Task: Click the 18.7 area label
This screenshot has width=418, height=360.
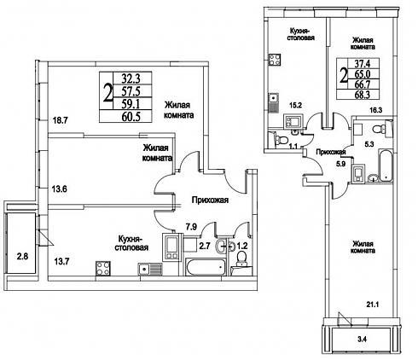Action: [x=60, y=120]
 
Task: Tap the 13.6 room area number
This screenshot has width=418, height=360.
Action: [x=59, y=189]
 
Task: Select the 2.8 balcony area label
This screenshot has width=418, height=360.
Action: [x=22, y=257]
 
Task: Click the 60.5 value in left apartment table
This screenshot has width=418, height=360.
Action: [x=131, y=117]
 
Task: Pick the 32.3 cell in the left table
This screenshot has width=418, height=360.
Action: [x=131, y=78]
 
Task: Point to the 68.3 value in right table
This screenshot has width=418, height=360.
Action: [x=362, y=95]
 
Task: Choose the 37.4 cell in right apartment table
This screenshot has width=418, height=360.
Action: [x=362, y=63]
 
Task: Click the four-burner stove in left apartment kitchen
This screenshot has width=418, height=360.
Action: [x=103, y=269]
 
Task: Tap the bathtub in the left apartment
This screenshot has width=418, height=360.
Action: [x=206, y=267]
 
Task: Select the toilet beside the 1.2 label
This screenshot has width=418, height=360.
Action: [x=242, y=258]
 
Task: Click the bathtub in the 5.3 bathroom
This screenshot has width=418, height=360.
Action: [x=386, y=165]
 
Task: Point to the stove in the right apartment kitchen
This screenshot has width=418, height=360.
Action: [x=275, y=60]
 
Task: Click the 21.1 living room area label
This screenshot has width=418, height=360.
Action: [x=372, y=305]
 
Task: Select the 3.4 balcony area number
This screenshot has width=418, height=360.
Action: [x=362, y=339]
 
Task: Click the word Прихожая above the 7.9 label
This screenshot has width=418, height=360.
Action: [x=210, y=200]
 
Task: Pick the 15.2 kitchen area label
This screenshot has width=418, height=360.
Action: [x=295, y=105]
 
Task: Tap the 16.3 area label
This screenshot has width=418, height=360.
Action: [x=374, y=110]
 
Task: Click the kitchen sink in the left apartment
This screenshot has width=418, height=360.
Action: [x=150, y=269]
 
